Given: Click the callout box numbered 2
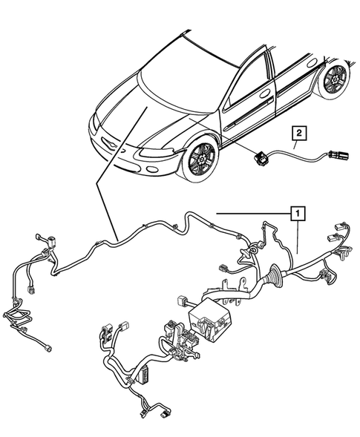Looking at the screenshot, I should [x=298, y=134].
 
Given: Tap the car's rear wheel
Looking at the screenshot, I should [x=333, y=79].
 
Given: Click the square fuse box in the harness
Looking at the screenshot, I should [x=210, y=321].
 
